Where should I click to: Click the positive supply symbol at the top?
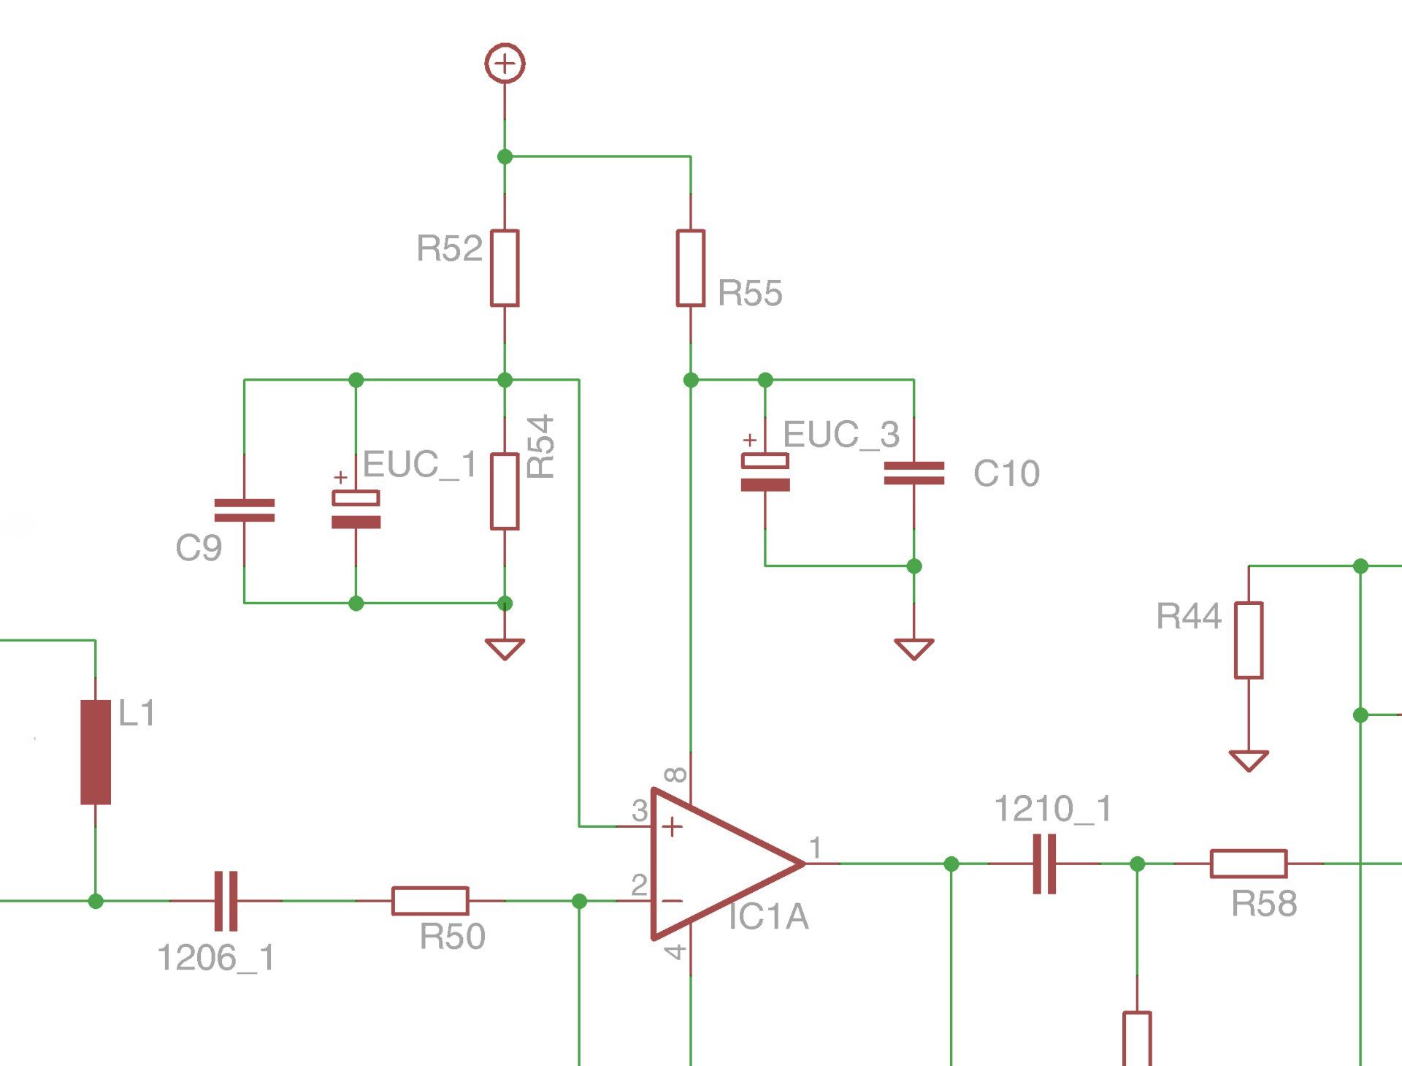pos(505,64)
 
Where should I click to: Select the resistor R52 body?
pos(505,267)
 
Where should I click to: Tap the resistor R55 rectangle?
pos(691,267)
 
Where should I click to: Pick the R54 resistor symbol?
pos(505,491)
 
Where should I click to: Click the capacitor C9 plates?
pos(245,510)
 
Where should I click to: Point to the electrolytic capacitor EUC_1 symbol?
pos(356,509)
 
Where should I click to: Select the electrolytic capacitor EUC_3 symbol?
pos(765,472)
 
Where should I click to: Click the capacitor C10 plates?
pos(914,473)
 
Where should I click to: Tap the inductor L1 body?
pos(96,752)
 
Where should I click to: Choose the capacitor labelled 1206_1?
pos(226,901)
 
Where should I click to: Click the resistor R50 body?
pos(430,901)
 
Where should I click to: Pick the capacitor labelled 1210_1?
pos(1044,864)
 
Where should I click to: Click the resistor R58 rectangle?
pos(1249,864)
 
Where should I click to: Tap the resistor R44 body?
pos(1249,640)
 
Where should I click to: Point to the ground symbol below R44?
pos(1249,760)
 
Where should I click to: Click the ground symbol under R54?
pos(505,648)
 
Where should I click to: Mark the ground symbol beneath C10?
pos(914,648)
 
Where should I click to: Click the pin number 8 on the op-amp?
pos(677,774)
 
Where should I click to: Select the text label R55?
pos(750,293)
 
